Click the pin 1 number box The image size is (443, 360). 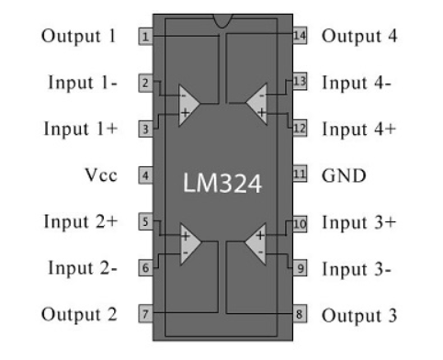(145, 37)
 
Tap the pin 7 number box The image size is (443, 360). (145, 314)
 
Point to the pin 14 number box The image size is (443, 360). (299, 37)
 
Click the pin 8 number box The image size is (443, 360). (299, 314)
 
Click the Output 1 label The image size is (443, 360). (80, 37)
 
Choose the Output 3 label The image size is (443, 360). (359, 314)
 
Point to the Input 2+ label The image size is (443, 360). (80, 221)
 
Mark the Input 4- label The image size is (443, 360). (358, 83)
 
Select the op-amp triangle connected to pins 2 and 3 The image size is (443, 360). (188, 103)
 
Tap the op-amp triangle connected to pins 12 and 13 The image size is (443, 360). (256, 103)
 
